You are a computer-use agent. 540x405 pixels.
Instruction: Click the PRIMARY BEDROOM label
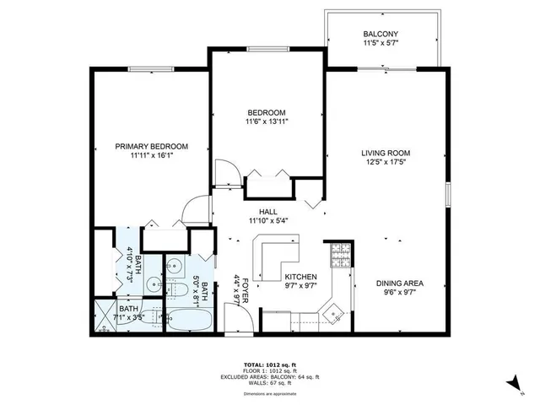(152, 146)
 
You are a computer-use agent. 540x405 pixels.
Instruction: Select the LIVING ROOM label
(386, 153)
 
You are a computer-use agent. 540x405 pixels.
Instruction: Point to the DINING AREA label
(388, 283)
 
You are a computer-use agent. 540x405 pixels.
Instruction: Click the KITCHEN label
(300, 276)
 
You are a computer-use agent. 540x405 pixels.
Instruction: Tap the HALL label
(268, 212)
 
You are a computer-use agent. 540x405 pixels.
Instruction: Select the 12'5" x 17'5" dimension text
(386, 163)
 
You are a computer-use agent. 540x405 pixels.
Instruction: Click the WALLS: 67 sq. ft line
(269, 384)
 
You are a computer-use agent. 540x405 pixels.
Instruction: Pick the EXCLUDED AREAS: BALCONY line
(269, 377)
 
